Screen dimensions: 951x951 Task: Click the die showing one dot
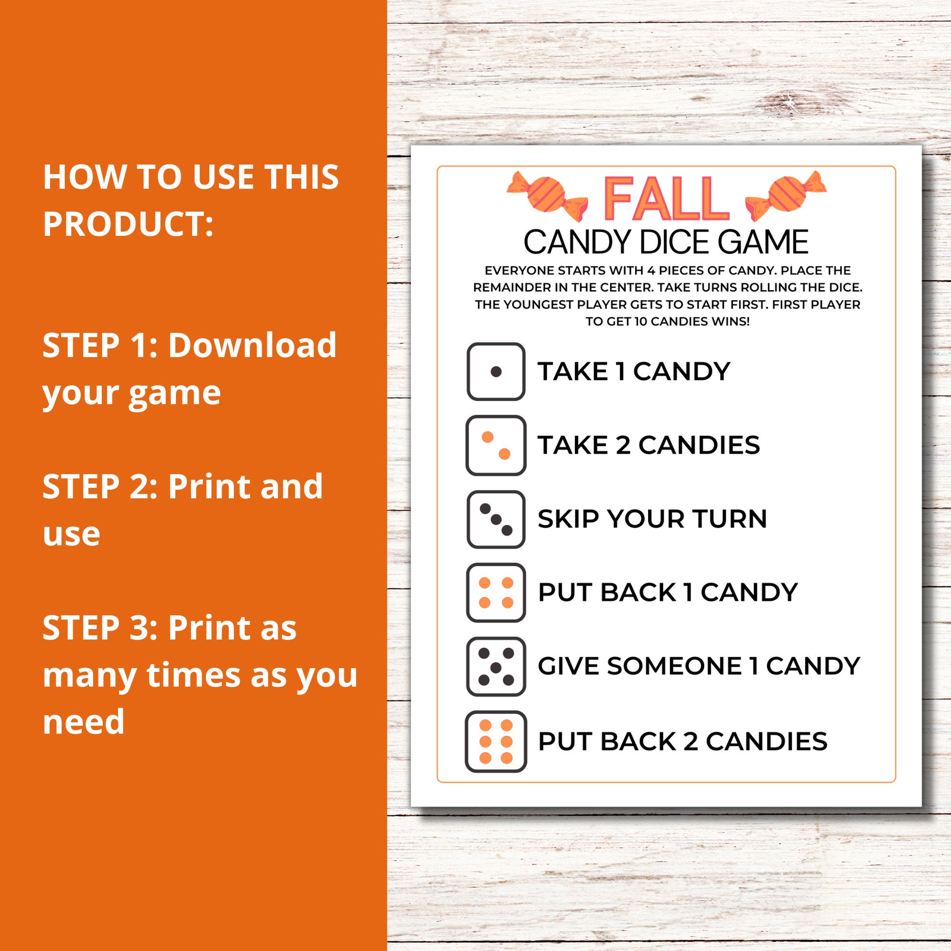point(495,372)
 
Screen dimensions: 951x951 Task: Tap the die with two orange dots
point(495,446)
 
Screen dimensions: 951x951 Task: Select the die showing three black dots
point(495,519)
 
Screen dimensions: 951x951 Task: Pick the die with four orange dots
point(495,592)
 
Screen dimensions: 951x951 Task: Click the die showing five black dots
point(495,667)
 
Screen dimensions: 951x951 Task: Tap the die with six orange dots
point(495,741)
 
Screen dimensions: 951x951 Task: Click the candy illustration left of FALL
point(547,196)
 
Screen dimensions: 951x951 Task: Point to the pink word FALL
point(666,199)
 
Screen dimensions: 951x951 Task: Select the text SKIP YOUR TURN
point(652,519)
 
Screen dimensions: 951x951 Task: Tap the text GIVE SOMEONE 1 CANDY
point(699,667)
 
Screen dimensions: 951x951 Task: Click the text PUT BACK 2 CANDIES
point(682,741)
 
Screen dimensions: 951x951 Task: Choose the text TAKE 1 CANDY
point(633,372)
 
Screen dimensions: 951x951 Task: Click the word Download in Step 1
point(252,345)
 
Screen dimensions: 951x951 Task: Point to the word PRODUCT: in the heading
point(128,223)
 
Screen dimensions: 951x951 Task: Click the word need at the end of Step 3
point(84,722)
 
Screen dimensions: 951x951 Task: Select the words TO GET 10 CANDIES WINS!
point(667,322)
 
